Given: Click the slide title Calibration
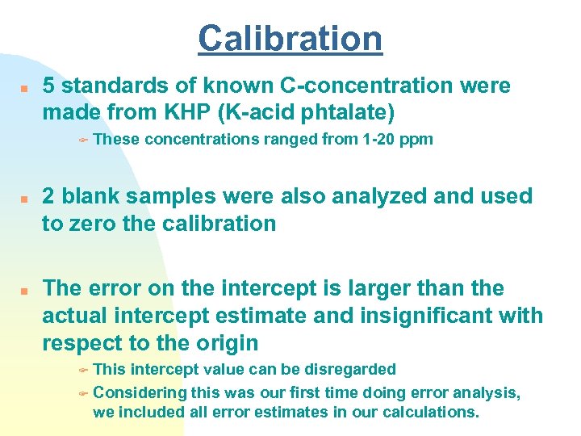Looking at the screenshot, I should (x=290, y=38).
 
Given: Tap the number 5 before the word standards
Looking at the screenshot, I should (x=49, y=86).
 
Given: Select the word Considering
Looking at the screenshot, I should (x=140, y=392).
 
